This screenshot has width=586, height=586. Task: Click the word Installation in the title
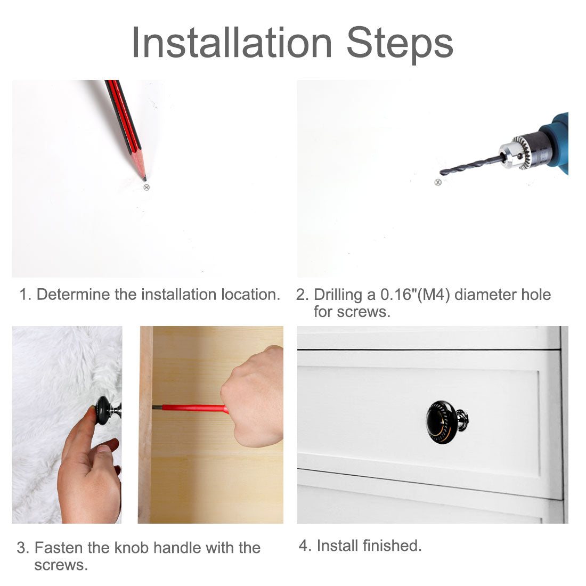pos(232,43)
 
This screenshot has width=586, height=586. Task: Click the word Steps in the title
pos(400,45)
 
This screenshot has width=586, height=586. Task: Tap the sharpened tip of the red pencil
pos(144,179)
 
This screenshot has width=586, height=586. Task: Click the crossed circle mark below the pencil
pos(146,187)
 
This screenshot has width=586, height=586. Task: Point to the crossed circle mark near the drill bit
pos(438,182)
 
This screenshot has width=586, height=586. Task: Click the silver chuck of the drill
pos(514,153)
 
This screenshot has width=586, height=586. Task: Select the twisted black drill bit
pos(471,165)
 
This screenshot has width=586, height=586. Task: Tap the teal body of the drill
pos(558,142)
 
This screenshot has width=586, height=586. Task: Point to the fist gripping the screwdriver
pos(254,396)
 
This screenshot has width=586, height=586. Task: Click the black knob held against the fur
pos(103,411)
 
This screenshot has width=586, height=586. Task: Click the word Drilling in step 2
pos(337,295)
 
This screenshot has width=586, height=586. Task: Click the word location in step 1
pos(250,295)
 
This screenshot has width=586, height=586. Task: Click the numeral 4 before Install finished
pos(304,546)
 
